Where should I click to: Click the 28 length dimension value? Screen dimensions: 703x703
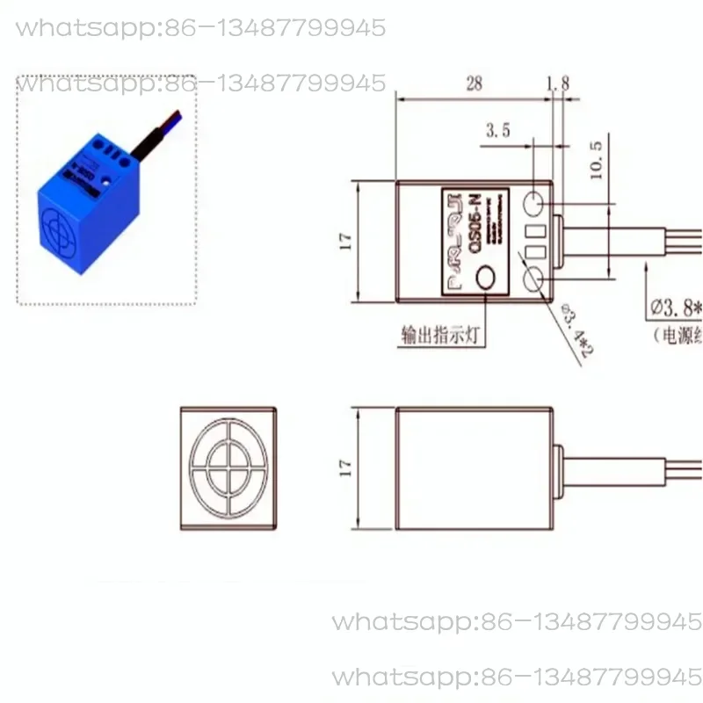coord(474,84)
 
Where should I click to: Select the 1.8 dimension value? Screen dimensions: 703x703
coord(557,84)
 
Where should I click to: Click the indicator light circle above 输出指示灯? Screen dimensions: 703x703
coord(486,279)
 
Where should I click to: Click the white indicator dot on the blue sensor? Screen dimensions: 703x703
coord(106,182)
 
